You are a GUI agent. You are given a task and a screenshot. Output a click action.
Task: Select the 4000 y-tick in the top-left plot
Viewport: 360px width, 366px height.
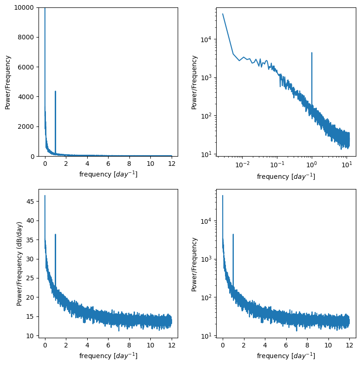pos(27,97)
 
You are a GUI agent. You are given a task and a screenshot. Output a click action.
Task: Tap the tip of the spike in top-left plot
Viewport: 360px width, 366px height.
pos(55,91)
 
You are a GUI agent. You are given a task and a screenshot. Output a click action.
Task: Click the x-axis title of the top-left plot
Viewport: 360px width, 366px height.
pos(108,174)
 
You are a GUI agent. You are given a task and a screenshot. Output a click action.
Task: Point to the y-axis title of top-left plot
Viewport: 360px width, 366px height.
pos(8,82)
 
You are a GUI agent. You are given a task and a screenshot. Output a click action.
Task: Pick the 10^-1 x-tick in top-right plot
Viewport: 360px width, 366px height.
pos(277,164)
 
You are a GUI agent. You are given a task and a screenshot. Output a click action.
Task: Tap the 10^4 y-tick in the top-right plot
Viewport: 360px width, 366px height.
pos(206,39)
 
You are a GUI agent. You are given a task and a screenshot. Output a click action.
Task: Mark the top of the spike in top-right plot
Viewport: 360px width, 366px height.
pos(312,53)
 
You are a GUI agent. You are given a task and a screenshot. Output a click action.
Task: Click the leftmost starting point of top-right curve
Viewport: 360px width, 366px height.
pos(223,14)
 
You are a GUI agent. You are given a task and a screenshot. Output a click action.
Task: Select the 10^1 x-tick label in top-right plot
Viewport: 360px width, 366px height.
pos(347,164)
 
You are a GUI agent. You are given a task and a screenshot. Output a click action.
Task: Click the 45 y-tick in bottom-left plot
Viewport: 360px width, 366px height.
pos(30,202)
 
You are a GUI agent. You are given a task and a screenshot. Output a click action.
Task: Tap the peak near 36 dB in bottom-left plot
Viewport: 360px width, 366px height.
pos(55,234)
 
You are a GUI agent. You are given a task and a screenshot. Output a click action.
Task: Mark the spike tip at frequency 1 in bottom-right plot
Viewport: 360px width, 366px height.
pos(233,234)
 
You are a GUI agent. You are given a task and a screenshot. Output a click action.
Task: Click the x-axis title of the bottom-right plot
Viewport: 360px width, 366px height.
pos(286,356)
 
